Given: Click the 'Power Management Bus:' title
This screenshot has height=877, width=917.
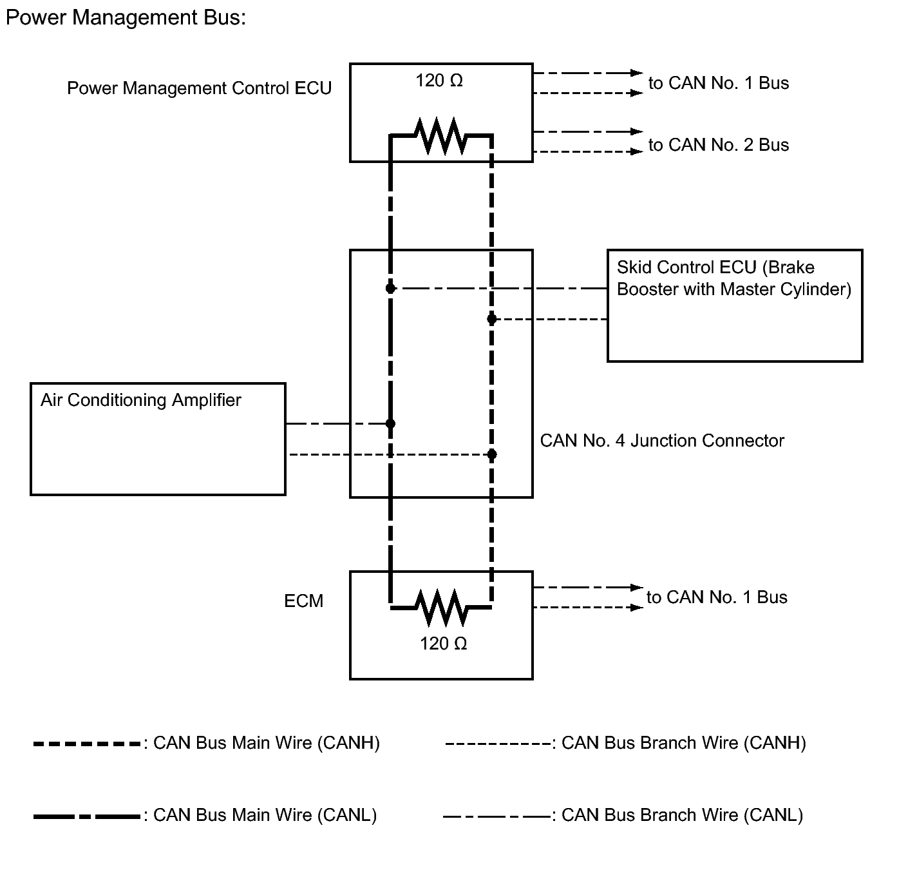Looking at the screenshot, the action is click(126, 18).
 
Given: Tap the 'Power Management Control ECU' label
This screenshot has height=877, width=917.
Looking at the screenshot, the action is click(200, 88).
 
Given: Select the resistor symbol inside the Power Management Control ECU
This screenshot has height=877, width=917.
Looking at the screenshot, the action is click(441, 136).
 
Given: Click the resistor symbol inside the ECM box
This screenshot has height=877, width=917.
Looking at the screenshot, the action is click(441, 608).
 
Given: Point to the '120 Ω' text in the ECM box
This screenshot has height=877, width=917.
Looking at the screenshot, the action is click(444, 643).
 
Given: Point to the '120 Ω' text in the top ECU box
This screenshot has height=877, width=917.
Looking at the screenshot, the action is click(439, 81).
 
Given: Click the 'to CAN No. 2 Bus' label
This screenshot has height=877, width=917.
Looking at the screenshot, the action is click(719, 145).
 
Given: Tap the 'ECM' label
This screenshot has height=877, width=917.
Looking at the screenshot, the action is click(304, 601).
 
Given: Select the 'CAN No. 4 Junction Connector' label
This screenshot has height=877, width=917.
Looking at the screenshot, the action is click(662, 440).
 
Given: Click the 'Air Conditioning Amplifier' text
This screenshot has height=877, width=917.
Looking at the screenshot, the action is click(141, 400).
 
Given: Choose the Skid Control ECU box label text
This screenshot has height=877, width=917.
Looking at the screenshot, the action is click(734, 278).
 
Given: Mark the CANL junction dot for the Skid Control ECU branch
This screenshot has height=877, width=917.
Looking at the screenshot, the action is click(391, 288).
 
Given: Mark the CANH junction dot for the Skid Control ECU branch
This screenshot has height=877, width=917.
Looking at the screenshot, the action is click(492, 319).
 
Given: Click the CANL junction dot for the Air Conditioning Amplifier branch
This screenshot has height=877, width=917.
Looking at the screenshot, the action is click(391, 423).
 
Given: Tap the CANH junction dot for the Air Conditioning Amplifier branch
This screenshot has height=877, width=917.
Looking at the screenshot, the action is click(492, 454).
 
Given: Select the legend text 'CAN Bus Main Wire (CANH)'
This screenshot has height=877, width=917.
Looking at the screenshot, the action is click(267, 743).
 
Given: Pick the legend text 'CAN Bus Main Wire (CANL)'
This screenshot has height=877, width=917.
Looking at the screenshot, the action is click(265, 815).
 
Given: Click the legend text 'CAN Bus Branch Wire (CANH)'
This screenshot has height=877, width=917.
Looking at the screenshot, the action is click(684, 743).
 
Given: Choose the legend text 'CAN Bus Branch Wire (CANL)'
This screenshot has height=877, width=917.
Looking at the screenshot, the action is click(683, 815).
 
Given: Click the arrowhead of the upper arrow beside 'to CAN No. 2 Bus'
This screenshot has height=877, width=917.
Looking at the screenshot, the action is click(638, 131).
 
